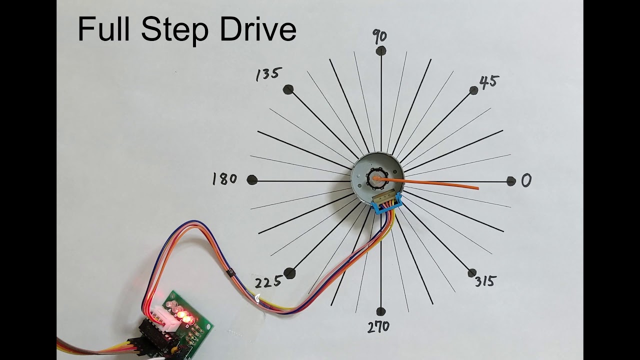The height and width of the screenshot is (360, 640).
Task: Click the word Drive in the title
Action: [258, 29]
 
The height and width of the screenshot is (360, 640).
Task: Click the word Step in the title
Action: [174, 30]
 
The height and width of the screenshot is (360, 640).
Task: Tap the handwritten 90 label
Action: [379, 36]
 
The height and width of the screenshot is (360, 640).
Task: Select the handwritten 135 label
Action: [269, 74]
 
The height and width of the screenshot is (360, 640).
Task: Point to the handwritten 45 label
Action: [489, 82]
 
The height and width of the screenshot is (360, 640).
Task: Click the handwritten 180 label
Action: [224, 179]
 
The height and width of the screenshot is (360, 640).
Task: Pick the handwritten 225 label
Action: [268, 282]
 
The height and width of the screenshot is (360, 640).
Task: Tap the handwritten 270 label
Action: [378, 327]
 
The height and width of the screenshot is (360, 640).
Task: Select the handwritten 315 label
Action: [485, 281]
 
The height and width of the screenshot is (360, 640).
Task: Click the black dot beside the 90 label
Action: [381, 51]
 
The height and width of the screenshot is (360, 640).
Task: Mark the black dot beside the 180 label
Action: [252, 180]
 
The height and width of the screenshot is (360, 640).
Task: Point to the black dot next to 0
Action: [511, 181]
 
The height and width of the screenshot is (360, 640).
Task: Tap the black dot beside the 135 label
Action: [288, 89]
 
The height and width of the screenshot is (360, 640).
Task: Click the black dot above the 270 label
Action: [381, 311]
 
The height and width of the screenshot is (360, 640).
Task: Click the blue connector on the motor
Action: [386, 203]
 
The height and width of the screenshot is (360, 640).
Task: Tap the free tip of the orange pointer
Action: [478, 188]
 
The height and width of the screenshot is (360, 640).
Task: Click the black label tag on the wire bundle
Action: [230, 272]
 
